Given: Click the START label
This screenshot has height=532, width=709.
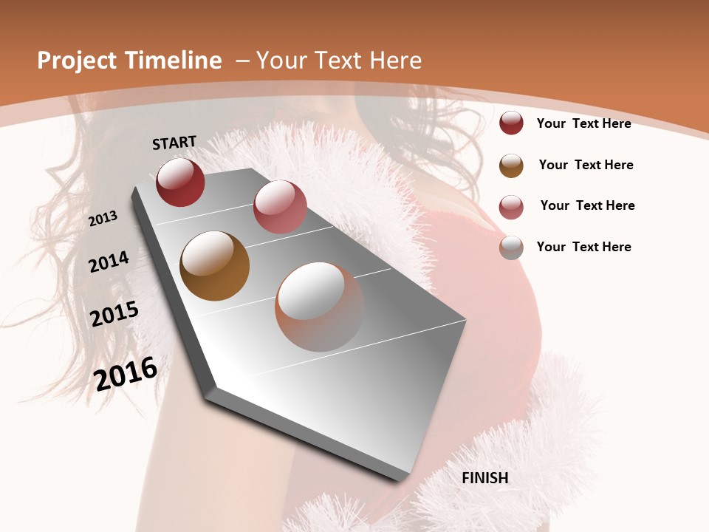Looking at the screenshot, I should [174, 143].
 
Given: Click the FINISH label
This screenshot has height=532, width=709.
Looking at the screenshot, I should [485, 478].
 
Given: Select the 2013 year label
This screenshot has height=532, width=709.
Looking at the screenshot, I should [103, 219].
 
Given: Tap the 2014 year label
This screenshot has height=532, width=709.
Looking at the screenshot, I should [109, 262].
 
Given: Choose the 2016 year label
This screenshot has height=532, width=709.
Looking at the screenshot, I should [126, 373].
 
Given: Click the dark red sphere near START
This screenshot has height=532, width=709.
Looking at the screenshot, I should [180, 182].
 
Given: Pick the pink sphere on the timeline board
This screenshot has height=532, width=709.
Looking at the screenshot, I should [280, 207].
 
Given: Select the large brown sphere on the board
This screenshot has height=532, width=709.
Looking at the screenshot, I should [215, 266].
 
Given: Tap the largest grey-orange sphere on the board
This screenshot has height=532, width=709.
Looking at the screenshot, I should [320, 307].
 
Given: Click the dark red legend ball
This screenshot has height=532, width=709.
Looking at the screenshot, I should [511, 123].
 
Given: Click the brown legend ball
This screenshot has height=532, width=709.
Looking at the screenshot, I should [511, 166].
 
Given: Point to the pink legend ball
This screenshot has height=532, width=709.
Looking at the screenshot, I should [511, 207].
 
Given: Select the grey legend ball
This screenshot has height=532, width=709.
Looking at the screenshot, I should [511, 248].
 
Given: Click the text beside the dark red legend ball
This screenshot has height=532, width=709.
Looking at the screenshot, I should [583, 123].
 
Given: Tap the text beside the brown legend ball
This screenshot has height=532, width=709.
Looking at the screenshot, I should [586, 165].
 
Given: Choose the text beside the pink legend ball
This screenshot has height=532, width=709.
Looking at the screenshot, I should [587, 205].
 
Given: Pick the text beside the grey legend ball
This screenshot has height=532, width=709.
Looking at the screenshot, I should [583, 247].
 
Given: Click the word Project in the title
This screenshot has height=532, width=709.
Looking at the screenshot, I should [76, 61].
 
